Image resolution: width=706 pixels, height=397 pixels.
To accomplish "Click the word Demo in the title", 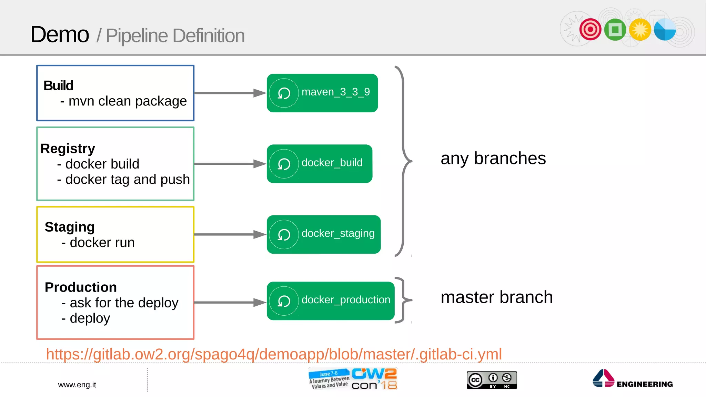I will pos(60,35).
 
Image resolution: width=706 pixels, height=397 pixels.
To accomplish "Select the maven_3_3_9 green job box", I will pos(322,93).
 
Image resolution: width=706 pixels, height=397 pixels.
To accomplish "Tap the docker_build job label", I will pos(332,163).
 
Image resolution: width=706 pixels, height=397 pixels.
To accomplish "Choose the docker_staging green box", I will pos(323,234).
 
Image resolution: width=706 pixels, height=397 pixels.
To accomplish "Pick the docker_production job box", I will pos(330,301).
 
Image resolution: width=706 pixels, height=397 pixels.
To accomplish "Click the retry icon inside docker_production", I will pos(284,301).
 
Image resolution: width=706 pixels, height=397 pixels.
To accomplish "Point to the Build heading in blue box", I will pos(58,85).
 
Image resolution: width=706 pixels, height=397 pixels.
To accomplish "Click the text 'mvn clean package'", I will pos(127,101).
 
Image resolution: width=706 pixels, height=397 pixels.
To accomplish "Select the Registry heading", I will pos(68,149).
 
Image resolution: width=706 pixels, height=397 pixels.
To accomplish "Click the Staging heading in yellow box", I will pos(70,227).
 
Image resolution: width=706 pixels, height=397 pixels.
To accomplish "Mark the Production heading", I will pos(81,287).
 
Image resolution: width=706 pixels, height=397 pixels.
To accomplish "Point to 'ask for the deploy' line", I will pos(123,303).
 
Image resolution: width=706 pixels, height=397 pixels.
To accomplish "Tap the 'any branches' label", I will pos(493,159).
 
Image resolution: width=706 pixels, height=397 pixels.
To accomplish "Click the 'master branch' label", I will pos(496,297).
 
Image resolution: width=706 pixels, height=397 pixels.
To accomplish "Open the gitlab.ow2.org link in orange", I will pos(274,354).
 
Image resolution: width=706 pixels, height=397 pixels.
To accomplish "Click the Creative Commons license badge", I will pos(492,380).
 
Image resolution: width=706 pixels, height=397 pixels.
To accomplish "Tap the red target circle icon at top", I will pos(590,29).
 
